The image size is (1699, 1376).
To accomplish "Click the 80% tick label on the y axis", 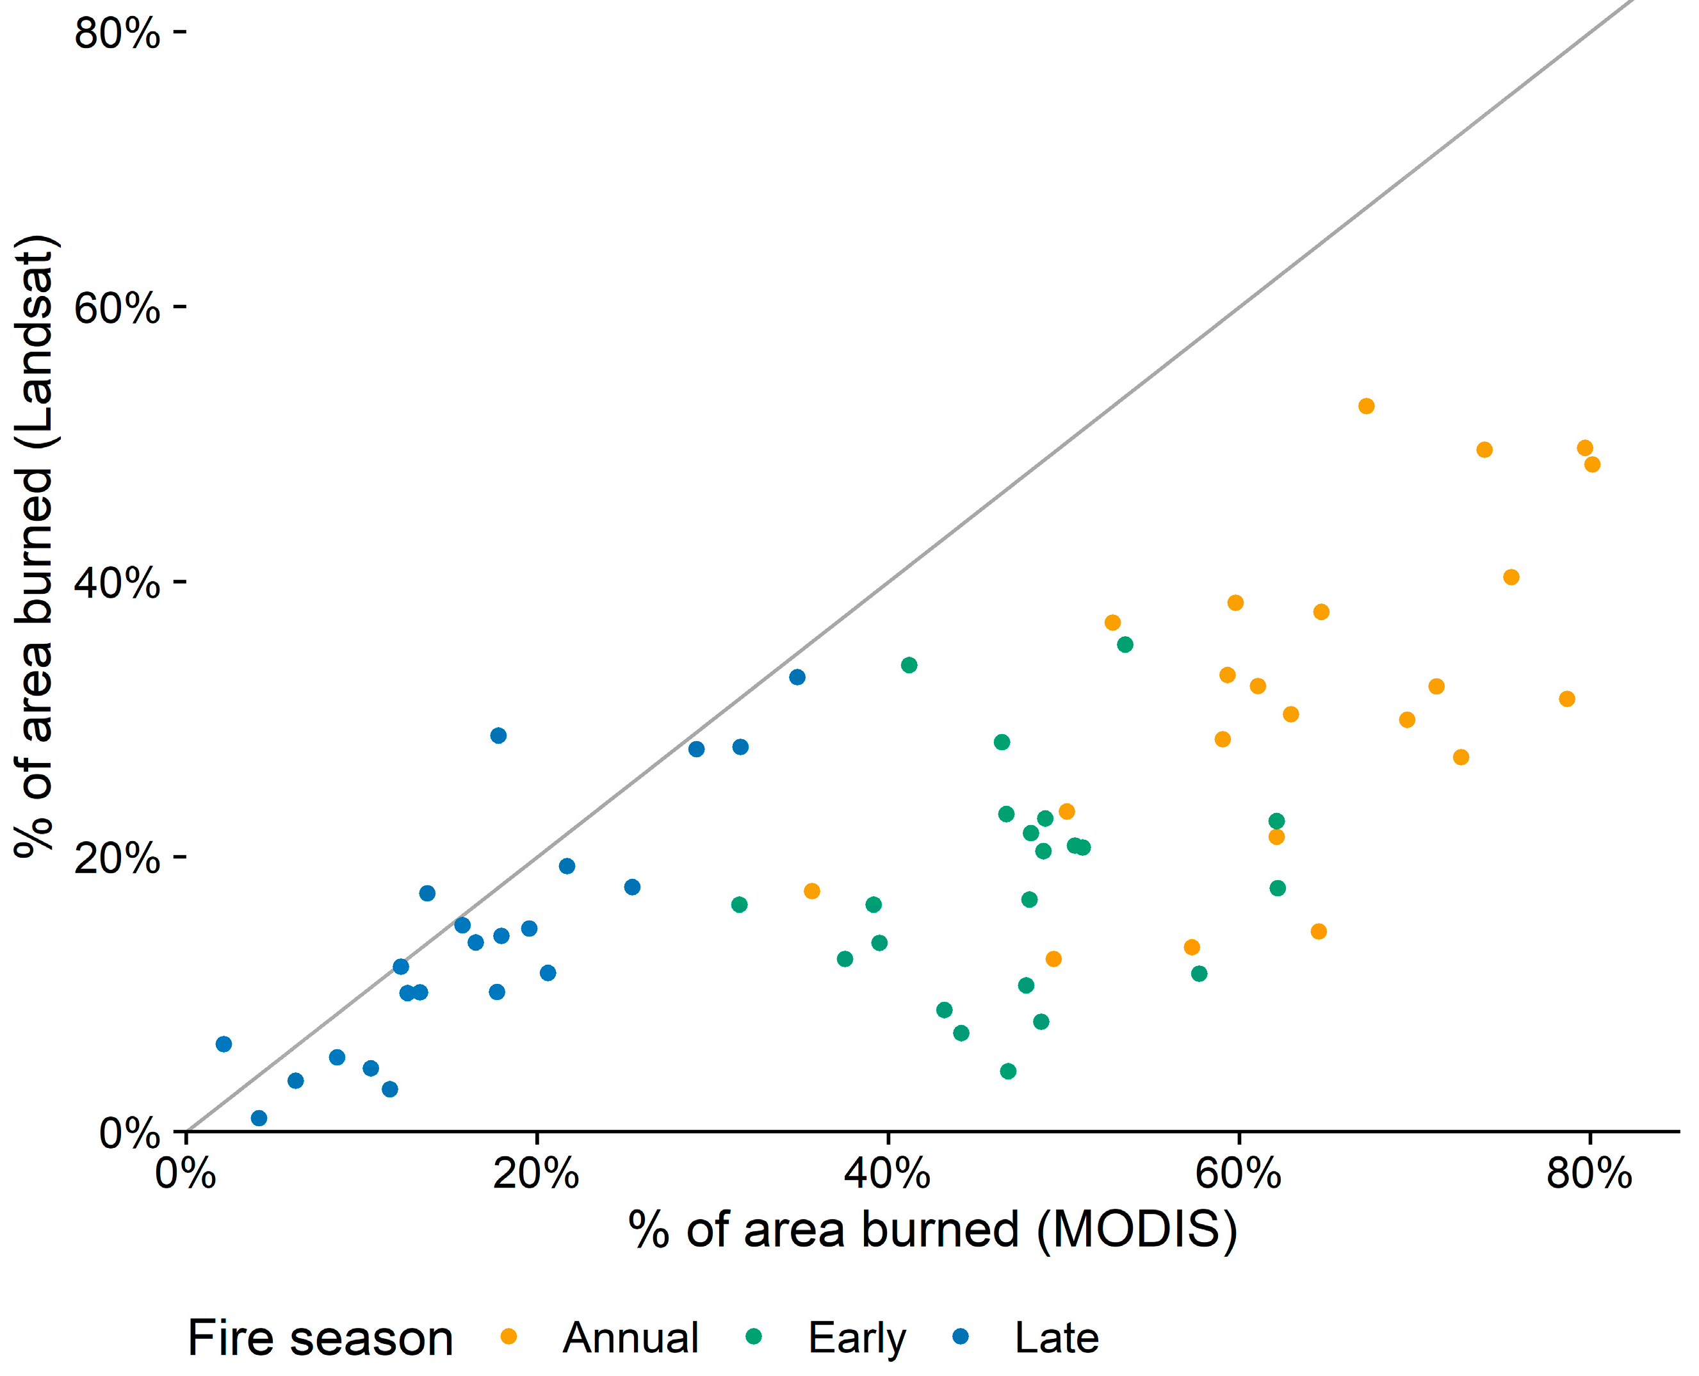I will point(117,34).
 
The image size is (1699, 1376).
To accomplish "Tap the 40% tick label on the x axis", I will point(887,1174).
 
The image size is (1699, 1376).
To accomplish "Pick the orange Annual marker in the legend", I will point(508,1337).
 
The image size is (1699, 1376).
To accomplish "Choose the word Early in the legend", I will point(857,1339).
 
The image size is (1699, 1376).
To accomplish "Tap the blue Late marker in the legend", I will point(961,1337).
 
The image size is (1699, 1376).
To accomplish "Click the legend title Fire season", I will point(320,1339).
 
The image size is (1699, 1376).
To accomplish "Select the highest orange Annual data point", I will point(1366,407).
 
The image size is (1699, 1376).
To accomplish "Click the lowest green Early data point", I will point(1008,1072).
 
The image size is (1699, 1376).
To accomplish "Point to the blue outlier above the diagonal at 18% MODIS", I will point(498,735).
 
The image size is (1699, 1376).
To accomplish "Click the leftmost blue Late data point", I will point(224,1044).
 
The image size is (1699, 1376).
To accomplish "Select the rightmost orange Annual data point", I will point(1592,464).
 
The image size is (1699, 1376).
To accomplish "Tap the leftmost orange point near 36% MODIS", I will point(811,891).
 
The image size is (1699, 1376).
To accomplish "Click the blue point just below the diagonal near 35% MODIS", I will point(797,677).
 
